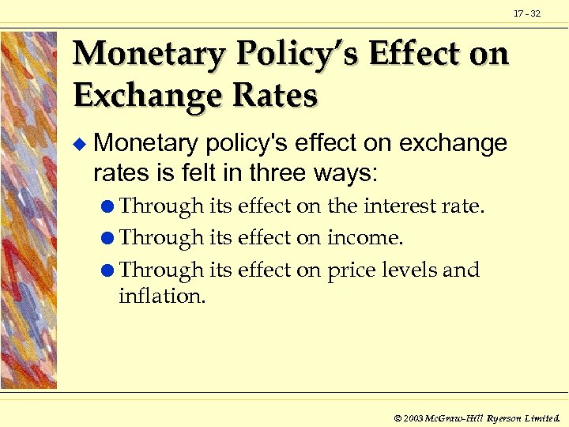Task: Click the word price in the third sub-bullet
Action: tap(349, 271)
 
